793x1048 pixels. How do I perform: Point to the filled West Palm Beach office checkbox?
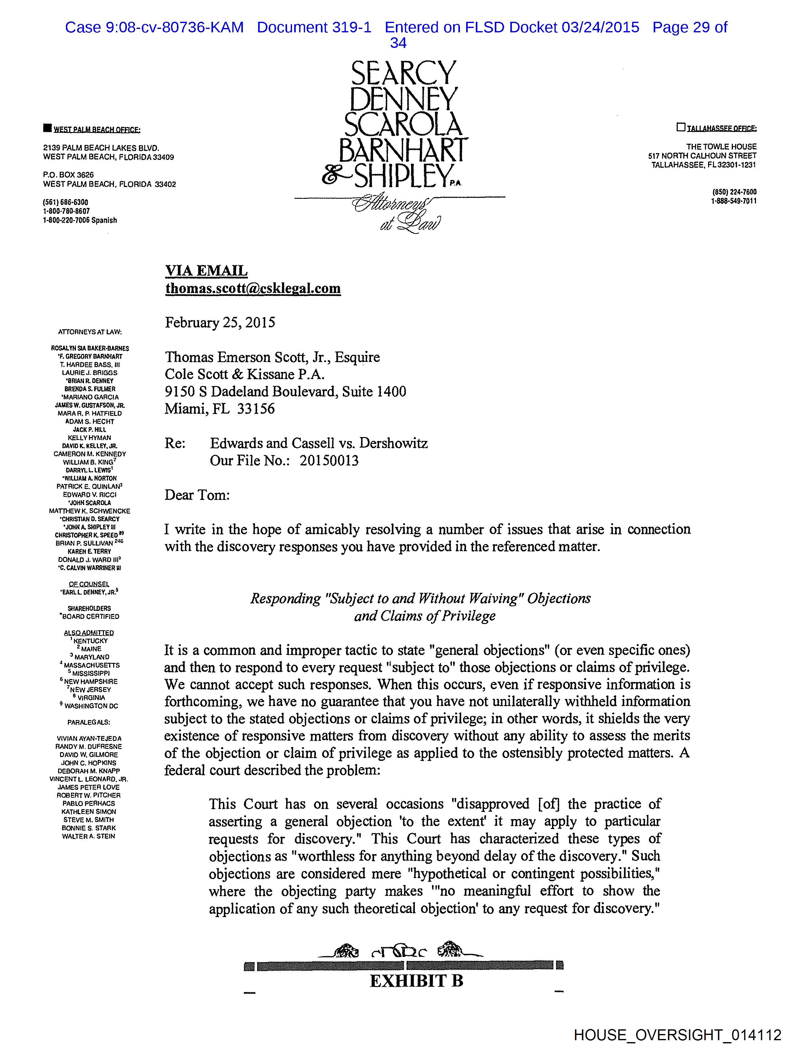click(x=47, y=128)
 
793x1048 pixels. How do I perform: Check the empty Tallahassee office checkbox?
click(x=681, y=127)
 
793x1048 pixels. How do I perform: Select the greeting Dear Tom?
click(x=197, y=495)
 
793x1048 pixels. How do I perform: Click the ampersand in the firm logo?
click(x=335, y=177)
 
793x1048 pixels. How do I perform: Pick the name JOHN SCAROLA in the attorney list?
click(x=90, y=503)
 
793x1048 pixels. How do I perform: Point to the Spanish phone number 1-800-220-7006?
click(x=80, y=220)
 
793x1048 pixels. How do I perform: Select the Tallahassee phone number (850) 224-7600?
click(x=734, y=192)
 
